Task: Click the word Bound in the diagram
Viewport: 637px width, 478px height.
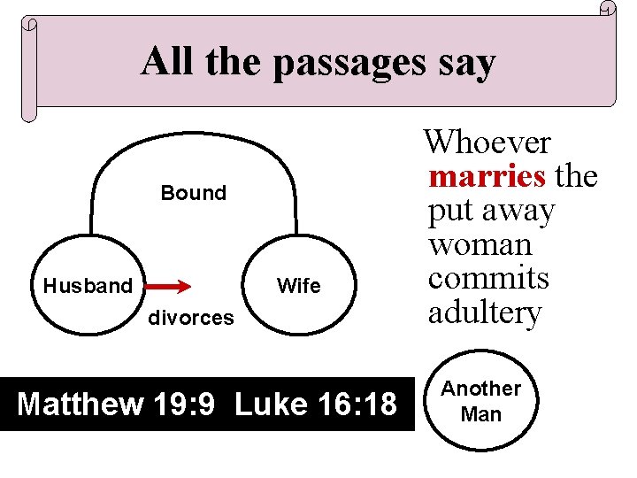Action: click(193, 193)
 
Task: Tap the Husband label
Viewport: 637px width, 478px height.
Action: click(87, 286)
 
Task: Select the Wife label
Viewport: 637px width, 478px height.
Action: click(299, 286)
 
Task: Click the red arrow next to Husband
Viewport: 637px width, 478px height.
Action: click(168, 286)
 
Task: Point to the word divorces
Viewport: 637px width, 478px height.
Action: click(190, 317)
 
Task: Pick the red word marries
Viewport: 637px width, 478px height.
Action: click(487, 176)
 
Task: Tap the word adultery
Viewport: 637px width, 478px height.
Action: click(484, 312)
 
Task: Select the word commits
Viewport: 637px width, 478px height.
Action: click(488, 279)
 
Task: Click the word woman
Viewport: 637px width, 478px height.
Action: click(480, 245)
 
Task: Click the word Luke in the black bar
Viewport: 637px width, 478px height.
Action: click(271, 405)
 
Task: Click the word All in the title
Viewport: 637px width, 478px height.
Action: click(168, 62)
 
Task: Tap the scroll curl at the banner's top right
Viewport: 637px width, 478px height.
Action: click(607, 9)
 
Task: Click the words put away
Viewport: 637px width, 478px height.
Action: click(491, 212)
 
